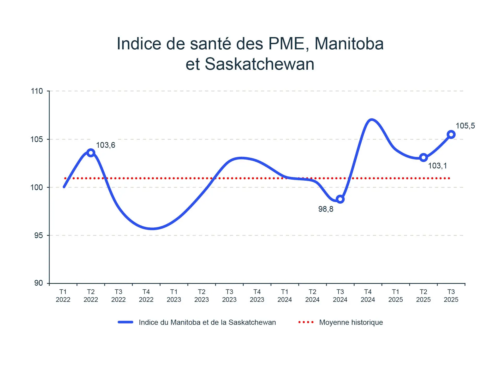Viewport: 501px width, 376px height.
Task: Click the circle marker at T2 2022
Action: [91, 153]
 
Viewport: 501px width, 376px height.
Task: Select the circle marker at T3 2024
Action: [340, 199]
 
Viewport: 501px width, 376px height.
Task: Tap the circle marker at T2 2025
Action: [423, 157]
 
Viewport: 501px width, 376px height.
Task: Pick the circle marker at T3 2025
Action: [451, 135]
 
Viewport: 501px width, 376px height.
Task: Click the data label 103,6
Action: [105, 145]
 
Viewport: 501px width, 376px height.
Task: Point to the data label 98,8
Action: [326, 209]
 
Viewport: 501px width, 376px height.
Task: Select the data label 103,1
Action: [437, 166]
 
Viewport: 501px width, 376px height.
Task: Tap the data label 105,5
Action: [465, 126]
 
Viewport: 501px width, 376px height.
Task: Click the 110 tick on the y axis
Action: [37, 91]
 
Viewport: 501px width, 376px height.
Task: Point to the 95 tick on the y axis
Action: [38, 236]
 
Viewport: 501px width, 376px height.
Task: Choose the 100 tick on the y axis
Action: [37, 187]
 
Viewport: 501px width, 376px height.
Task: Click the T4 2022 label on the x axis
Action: [146, 296]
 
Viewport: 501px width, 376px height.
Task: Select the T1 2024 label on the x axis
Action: [284, 296]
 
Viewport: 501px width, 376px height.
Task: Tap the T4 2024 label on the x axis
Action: [368, 296]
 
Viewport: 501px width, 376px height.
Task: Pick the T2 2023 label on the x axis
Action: [201, 296]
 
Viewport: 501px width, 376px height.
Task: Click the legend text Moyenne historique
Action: [351, 322]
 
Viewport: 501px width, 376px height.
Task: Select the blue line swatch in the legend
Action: [126, 322]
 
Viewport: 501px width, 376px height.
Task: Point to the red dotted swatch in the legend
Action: [306, 322]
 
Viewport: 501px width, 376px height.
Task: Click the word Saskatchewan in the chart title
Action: [259, 64]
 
